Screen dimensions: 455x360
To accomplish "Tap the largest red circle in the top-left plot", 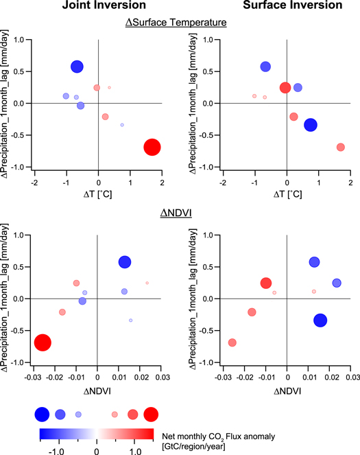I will click(x=152, y=147).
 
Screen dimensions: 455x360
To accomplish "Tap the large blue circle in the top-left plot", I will click(x=77, y=67).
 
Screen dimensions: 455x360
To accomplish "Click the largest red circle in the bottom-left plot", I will click(x=43, y=342).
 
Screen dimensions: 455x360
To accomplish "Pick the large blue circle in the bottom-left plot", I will click(x=125, y=261).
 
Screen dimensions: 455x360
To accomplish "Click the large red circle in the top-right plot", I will click(x=285, y=87).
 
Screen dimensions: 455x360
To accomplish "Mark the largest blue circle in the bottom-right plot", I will click(x=320, y=320).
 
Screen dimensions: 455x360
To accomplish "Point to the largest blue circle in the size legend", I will click(x=42, y=414).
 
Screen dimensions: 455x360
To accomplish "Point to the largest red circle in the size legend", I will click(x=152, y=414).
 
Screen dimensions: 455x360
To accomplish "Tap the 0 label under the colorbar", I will click(x=96, y=451).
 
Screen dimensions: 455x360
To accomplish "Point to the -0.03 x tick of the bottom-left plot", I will click(x=34, y=377).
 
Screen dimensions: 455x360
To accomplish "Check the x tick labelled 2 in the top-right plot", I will click(x=350, y=182).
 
